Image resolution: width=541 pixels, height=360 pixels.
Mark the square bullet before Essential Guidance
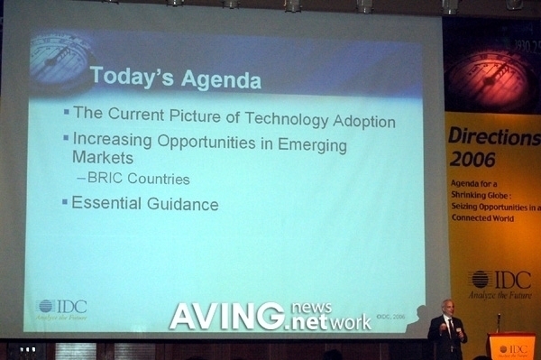(65, 201)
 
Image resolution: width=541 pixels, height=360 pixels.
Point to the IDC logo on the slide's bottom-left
(62, 307)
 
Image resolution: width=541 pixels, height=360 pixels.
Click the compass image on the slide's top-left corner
(58, 56)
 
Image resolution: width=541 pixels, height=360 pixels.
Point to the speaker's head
(447, 307)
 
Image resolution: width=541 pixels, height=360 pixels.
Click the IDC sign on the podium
(512, 349)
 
